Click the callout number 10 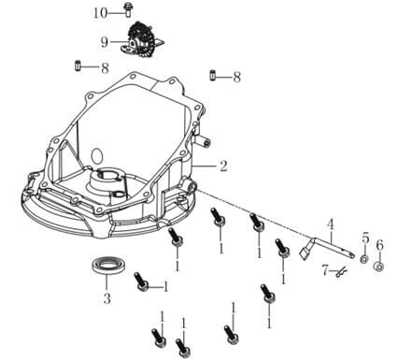100,13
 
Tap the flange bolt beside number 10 127,10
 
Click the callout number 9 105,42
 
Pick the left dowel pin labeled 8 78,65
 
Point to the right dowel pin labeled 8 212,76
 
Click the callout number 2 223,166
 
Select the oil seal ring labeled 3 108,266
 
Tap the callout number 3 106,299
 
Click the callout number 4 331,224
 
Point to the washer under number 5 363,259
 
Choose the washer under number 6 378,266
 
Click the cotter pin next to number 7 342,273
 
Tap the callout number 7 325,270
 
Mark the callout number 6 379,246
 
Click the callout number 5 365,238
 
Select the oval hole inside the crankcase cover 97,156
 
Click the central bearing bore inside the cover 107,176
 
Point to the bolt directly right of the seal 141,281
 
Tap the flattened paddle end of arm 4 304,253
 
